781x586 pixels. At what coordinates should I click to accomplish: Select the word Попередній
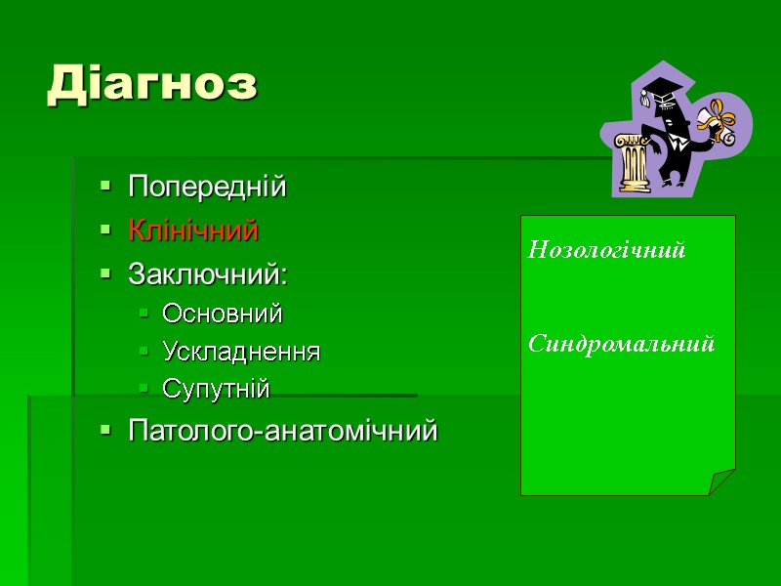tap(207, 187)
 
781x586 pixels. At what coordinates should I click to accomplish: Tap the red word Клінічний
tap(193, 231)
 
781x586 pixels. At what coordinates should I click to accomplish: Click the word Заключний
tap(208, 276)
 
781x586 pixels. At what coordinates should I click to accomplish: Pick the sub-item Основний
tap(223, 314)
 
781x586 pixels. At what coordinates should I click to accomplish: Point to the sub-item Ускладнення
tap(241, 352)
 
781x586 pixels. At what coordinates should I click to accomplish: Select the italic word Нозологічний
tap(607, 251)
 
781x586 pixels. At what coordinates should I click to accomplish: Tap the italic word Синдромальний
tap(622, 344)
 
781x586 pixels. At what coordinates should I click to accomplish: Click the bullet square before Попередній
tap(103, 187)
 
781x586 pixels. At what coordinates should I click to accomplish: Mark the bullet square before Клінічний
tap(103, 231)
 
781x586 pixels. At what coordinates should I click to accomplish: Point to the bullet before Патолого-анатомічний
tap(103, 430)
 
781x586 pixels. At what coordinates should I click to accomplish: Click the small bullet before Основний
tap(143, 314)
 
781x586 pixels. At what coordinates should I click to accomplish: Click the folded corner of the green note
tap(722, 482)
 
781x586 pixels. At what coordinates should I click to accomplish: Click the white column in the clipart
tap(633, 161)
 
